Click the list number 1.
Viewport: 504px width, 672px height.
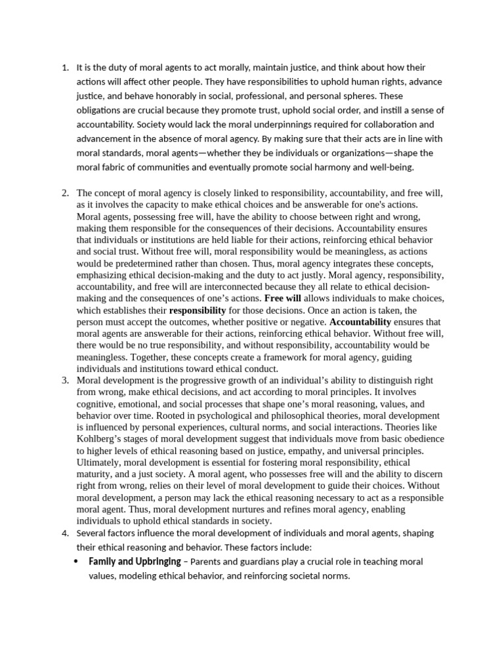64,68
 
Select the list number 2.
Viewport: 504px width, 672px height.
64,193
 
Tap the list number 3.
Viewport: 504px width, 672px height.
64,381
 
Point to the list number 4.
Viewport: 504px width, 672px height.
64,532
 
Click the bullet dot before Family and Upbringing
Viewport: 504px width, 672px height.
78,562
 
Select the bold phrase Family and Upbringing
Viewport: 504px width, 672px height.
135,562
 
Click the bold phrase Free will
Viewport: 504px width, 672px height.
282,298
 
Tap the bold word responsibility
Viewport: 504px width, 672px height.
197,310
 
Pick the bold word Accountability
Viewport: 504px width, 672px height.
360,322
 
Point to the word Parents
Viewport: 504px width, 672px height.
208,562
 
